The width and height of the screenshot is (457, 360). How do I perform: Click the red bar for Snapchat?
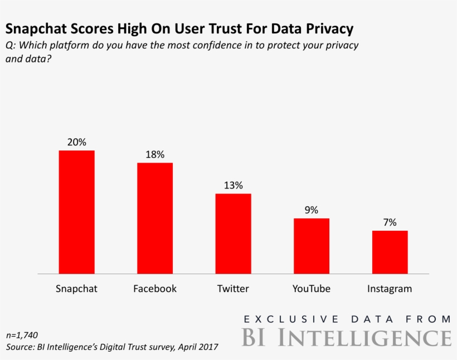(77, 212)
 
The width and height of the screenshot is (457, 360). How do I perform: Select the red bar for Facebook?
(155, 218)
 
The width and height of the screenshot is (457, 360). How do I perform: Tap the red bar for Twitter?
(234, 233)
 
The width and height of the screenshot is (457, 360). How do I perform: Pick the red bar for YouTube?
(312, 246)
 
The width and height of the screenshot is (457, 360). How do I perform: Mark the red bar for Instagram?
(390, 252)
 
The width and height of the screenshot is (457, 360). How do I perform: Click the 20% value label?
(77, 142)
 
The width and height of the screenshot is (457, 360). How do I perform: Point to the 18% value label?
(155, 155)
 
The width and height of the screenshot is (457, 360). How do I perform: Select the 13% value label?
(234, 186)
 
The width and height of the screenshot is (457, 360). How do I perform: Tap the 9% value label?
(312, 210)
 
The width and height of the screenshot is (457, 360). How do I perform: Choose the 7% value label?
(390, 222)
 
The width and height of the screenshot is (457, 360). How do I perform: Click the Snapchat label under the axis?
(77, 289)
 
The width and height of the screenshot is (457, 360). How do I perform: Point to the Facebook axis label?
(155, 289)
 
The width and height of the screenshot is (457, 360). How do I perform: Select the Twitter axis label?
(234, 289)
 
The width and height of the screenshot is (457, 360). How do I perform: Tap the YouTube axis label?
(312, 289)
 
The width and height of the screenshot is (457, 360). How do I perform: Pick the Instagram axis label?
(390, 289)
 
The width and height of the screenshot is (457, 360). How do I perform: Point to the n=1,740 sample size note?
(22, 335)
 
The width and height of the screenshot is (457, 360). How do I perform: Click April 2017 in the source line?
(198, 347)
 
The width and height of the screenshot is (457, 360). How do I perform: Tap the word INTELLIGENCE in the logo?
(365, 338)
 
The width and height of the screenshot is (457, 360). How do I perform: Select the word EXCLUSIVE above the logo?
(291, 319)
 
